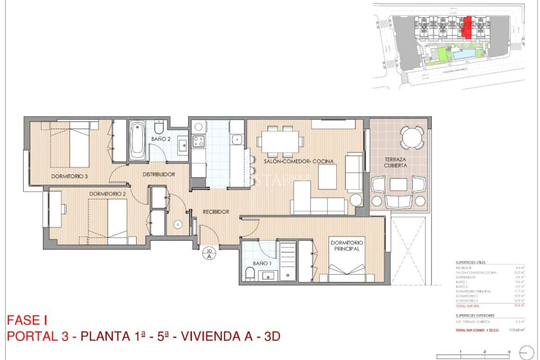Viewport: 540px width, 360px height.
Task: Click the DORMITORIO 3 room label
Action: pos(69,176)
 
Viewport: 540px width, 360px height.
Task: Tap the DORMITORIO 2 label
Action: pos(107,194)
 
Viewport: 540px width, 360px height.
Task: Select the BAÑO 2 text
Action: pos(161,139)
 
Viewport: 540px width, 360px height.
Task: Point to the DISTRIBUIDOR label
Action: pos(159,174)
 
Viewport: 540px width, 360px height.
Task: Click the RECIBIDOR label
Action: pos(216,212)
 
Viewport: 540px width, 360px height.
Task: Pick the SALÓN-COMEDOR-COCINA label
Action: pos(298,161)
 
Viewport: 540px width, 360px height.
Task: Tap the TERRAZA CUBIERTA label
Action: pos(395,163)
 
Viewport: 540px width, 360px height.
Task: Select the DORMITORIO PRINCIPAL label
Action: pos(347,246)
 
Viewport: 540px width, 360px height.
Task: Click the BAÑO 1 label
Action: pos(262,263)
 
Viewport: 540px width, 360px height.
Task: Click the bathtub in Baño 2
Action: pos(137,141)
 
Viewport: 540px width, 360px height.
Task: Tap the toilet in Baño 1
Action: pos(250,273)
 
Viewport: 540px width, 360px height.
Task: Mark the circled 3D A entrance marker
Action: pos(209,254)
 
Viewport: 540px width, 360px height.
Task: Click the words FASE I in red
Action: pos(27,320)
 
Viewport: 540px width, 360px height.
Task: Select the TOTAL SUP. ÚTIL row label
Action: pos(468,306)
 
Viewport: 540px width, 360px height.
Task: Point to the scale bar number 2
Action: pos(485,352)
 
